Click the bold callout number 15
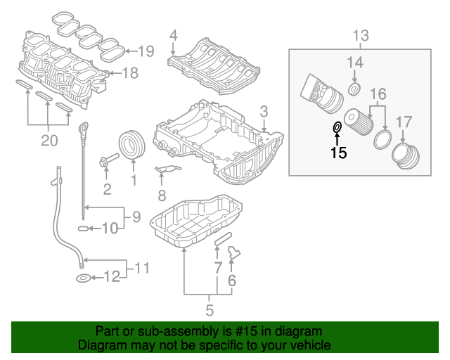[x=339, y=153]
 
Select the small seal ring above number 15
[x=337, y=127]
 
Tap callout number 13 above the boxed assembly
[x=360, y=35]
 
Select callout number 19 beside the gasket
[x=146, y=51]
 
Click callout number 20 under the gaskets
[x=48, y=141]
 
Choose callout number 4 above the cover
[x=173, y=34]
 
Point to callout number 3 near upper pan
[x=264, y=111]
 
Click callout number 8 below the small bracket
[x=161, y=195]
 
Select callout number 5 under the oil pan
[x=209, y=309]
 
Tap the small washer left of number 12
[x=82, y=279]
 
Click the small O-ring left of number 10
[x=82, y=229]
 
